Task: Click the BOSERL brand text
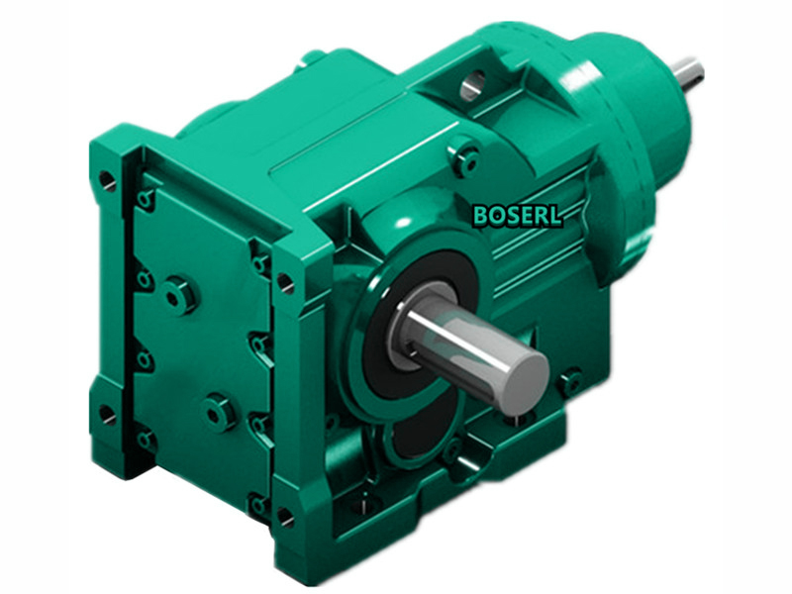(x=518, y=216)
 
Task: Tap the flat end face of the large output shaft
(x=523, y=382)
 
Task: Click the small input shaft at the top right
(x=687, y=70)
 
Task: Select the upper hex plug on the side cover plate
(x=179, y=294)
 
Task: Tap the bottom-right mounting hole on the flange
(x=285, y=516)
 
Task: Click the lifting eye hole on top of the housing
(x=474, y=83)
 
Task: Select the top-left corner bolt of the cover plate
(x=146, y=200)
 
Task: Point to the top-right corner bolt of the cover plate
(x=261, y=262)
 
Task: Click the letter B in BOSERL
(x=481, y=216)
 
